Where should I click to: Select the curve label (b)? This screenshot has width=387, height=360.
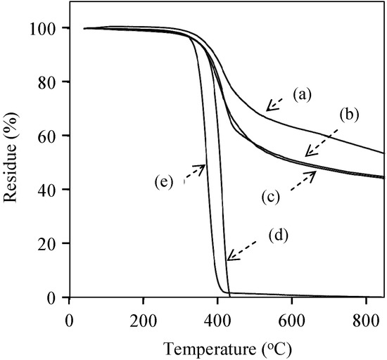(349, 115)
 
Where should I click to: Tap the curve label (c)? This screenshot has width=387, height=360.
(268, 198)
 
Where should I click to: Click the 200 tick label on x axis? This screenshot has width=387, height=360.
(143, 317)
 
